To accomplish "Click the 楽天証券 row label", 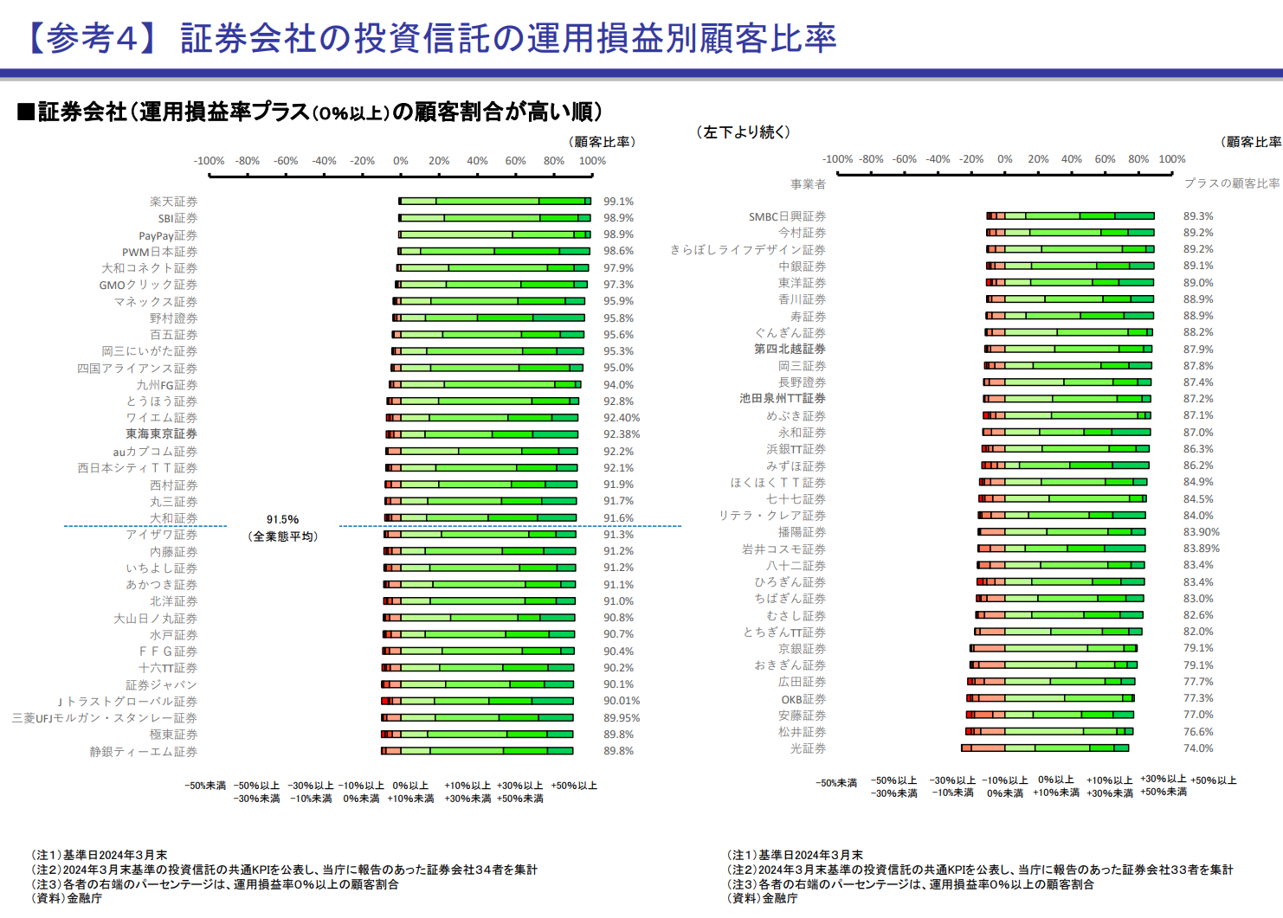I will [173, 202].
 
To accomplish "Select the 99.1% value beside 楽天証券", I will [618, 202].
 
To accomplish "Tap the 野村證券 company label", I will [173, 318].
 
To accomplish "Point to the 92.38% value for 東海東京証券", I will [622, 434].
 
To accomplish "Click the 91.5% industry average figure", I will [282, 520].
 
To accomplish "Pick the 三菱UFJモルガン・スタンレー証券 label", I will [105, 718].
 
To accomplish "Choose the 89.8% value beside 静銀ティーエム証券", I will [618, 751].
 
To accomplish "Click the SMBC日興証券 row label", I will [787, 216].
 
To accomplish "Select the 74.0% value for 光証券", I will [1198, 748].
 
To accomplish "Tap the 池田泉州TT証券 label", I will [783, 399].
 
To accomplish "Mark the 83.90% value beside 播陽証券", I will [1201, 532].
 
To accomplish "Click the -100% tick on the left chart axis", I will [209, 161].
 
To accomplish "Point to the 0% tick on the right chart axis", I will [1004, 159].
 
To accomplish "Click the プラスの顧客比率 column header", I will [1232, 183].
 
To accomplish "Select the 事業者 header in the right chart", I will [808, 184].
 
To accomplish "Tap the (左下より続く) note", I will [743, 132].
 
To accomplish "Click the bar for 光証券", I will [1045, 748].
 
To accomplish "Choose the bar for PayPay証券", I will [494, 234].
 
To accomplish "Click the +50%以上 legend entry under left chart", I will [574, 786].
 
